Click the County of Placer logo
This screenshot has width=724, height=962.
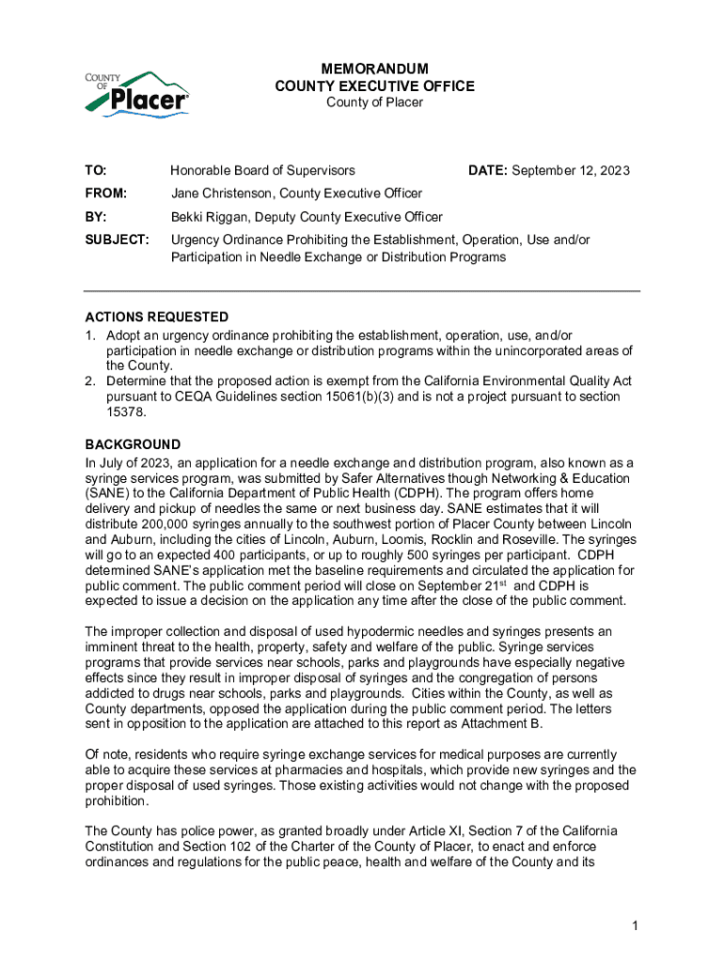click(137, 94)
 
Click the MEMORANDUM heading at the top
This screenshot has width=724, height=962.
click(374, 70)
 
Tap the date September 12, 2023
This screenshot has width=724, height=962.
click(571, 170)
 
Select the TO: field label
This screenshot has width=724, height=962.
click(96, 170)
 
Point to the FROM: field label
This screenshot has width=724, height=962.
click(106, 194)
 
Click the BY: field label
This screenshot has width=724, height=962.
click(97, 217)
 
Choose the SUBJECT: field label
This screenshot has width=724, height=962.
click(118, 240)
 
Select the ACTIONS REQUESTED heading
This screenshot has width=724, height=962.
click(156, 318)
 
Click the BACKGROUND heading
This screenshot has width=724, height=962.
click(133, 444)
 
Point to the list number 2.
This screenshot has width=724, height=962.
click(90, 381)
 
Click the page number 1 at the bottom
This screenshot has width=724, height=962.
click(636, 927)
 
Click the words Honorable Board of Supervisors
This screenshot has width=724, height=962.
click(262, 170)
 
